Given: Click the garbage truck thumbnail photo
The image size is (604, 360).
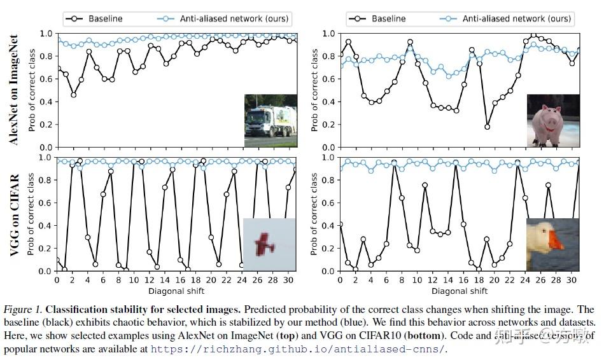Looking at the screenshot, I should point(270,121).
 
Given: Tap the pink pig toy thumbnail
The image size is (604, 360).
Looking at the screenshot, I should point(552,121).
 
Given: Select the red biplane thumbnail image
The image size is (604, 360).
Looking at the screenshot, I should point(269,244).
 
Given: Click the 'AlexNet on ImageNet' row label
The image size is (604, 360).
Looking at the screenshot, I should point(15,89).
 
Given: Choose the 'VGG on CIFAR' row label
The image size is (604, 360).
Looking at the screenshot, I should point(15,214).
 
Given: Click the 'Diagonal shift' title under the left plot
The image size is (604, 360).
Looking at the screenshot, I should point(176,291).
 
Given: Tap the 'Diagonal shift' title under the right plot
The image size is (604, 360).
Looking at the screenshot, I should point(459,291).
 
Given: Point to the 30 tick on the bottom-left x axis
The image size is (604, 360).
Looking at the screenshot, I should point(288,280).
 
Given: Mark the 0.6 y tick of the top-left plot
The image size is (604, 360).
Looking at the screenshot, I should point(46,79).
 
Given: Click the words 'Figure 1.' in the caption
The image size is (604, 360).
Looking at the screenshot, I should point(23,309).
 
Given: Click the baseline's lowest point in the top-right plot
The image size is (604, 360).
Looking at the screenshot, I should point(487,127).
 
